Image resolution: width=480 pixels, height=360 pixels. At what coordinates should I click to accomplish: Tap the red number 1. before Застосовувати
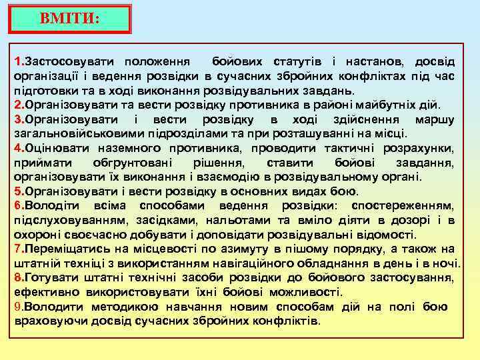19,61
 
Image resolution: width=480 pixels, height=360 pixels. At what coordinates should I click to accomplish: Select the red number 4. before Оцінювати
19,147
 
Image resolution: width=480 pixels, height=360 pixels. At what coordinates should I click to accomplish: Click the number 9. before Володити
19,307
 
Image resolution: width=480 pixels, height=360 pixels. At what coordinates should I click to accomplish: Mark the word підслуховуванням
64,220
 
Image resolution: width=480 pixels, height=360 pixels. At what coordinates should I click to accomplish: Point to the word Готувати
47,278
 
